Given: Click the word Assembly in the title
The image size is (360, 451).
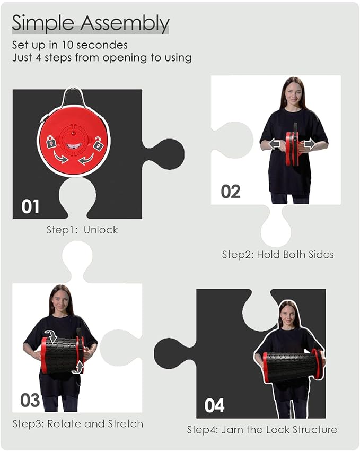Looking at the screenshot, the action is [125, 23].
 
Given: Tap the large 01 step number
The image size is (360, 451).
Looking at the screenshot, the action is [30, 206].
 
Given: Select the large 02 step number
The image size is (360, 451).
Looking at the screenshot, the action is [231, 192].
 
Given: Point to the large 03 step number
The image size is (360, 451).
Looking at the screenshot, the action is [30, 400].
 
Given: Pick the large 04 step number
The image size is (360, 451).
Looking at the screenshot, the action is [214, 405].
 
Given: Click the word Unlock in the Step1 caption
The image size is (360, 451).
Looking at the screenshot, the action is [101, 230].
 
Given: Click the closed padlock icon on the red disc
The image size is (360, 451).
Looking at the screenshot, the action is [51, 142].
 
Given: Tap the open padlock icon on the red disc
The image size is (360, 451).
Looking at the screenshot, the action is [98, 143].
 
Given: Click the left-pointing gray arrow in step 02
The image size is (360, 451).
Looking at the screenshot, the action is [275, 144].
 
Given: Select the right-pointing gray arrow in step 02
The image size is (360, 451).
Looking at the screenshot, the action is [310, 144].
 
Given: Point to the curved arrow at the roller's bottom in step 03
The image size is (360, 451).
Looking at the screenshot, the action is [78, 367].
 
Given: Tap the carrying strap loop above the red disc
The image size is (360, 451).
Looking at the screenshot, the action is [73, 96].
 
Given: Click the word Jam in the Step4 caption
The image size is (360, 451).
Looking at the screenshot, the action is [232, 430].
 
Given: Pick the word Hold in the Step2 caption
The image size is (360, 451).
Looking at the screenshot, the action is [268, 255].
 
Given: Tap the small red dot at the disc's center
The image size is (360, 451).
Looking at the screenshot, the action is [74, 133].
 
